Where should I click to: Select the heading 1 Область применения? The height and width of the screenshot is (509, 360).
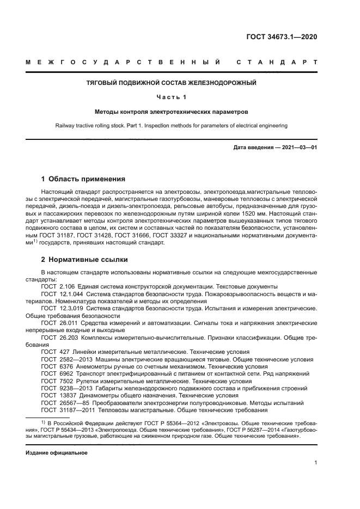pos(84,179)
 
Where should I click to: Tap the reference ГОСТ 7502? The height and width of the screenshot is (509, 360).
pos(56,382)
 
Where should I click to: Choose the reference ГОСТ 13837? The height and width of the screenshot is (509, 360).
pos(57,396)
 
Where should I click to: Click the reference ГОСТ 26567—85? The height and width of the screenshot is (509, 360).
pos(64,403)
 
